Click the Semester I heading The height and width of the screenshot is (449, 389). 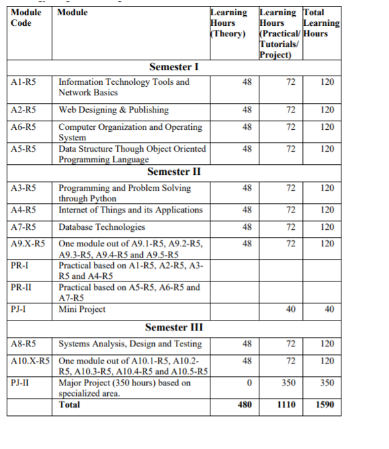pos(175,67)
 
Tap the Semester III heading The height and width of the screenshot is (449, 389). pos(174,327)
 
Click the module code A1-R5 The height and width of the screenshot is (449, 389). pos(24,82)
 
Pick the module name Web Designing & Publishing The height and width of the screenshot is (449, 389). pos(113,110)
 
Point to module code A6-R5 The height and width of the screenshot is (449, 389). pos(24,126)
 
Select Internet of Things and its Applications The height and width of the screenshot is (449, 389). pos(130,210)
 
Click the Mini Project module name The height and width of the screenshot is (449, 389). pos(82,309)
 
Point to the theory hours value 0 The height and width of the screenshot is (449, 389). pos(247,383)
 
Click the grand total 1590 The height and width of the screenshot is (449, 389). pos(325,404)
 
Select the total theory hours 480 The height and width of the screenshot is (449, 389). pos(244,404)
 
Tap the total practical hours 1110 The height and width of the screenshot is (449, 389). pos(286,404)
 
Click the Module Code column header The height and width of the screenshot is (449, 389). pos(26,17)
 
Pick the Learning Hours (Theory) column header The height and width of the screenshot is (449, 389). pos(228,23)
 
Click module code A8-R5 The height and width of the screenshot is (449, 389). pos(24,344)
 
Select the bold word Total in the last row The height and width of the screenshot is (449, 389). pos(69,404)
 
